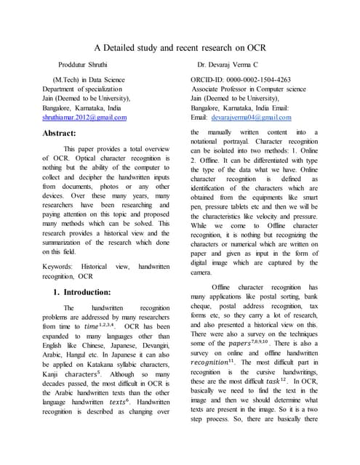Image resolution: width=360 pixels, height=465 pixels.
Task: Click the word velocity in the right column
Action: click(267, 217)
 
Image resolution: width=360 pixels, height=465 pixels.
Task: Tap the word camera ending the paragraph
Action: click(201, 272)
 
